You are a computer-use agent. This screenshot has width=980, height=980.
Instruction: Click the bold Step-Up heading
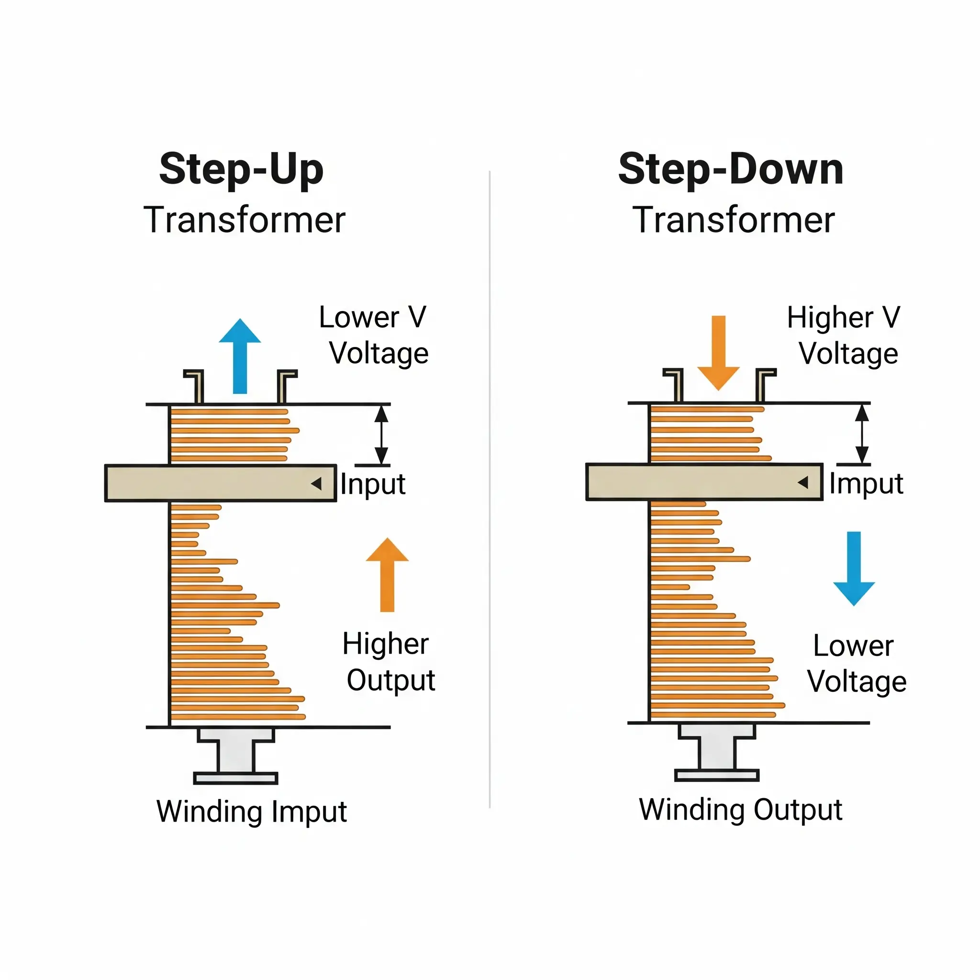[x=241, y=170]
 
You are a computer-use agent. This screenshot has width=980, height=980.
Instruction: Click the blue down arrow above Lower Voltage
[x=854, y=568]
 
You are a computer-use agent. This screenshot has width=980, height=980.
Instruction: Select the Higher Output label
[x=389, y=662]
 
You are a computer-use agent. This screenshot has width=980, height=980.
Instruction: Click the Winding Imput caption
[x=252, y=811]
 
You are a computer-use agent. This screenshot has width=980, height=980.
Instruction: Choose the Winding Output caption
[x=741, y=809]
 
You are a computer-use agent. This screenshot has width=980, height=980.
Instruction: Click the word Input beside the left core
[x=373, y=484]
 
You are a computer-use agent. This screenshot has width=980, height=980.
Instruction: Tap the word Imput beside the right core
[x=866, y=483]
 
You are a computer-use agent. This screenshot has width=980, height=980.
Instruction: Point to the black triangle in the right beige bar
[x=803, y=482]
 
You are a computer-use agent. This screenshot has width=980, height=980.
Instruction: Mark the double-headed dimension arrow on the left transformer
[x=381, y=434]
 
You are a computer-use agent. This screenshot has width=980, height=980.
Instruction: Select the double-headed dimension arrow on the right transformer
[x=862, y=434]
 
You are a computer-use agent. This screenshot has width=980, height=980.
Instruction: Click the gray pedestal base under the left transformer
[x=236, y=756]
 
